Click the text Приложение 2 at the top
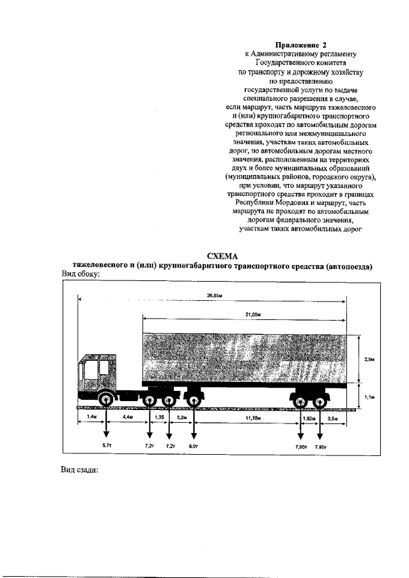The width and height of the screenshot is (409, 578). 300,45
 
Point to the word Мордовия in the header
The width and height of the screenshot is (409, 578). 304,202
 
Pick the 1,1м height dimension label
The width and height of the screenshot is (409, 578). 369,397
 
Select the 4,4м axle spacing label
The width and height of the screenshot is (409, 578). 127,418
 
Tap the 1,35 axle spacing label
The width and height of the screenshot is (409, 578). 159,418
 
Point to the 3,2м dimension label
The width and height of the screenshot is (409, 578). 181,418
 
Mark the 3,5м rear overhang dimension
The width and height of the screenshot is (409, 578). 332,418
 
